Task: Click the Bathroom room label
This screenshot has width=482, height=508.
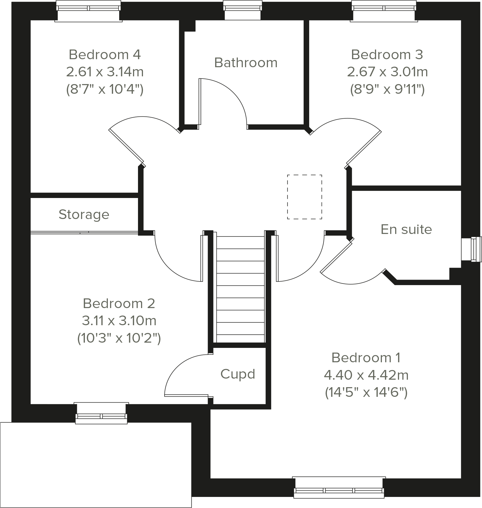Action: pyautogui.click(x=246, y=63)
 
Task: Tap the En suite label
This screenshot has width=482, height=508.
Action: pyautogui.click(x=406, y=229)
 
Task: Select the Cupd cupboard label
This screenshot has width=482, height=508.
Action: pyautogui.click(x=238, y=374)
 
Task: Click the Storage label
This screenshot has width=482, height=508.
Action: pyautogui.click(x=84, y=214)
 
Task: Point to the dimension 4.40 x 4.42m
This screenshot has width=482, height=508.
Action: pyautogui.click(x=366, y=375)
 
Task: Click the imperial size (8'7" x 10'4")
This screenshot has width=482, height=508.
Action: pyautogui.click(x=105, y=90)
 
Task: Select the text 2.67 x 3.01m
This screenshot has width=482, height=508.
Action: pyautogui.click(x=387, y=72)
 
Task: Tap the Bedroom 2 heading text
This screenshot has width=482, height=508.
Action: pyautogui.click(x=119, y=303)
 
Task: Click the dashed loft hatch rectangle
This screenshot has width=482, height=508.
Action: pyautogui.click(x=304, y=197)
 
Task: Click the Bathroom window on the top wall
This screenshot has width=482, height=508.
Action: pyautogui.click(x=243, y=10)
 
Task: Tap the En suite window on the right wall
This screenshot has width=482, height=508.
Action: pyautogui.click(x=471, y=249)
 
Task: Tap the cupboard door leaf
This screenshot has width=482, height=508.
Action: pyautogui.click(x=186, y=396)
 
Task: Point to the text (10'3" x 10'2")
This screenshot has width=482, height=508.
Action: pyautogui.click(x=119, y=338)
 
